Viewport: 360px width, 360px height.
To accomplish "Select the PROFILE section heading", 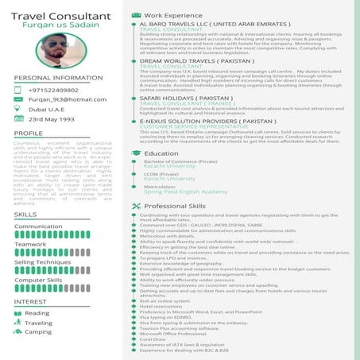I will pos(29,133).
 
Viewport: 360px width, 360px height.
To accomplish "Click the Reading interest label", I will pos(37,313).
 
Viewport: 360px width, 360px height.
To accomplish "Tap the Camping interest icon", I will pos(18,332).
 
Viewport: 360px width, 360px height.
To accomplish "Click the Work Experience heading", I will pos(172,15).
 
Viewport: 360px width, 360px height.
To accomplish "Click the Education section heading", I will pos(161,153).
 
